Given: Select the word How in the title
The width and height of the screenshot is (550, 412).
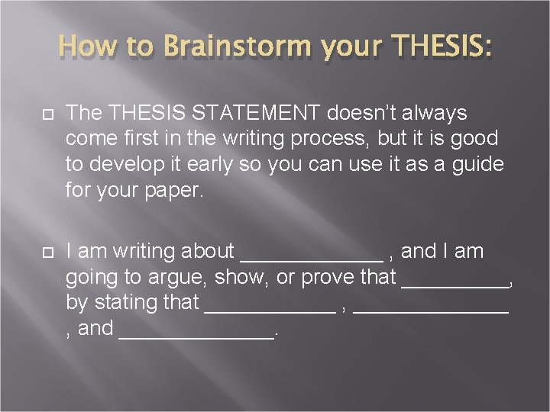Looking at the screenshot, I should [83, 47].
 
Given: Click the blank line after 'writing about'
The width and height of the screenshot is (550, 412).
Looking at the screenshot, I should [312, 259].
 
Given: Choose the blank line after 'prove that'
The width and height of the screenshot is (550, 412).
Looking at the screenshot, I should [455, 285].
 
